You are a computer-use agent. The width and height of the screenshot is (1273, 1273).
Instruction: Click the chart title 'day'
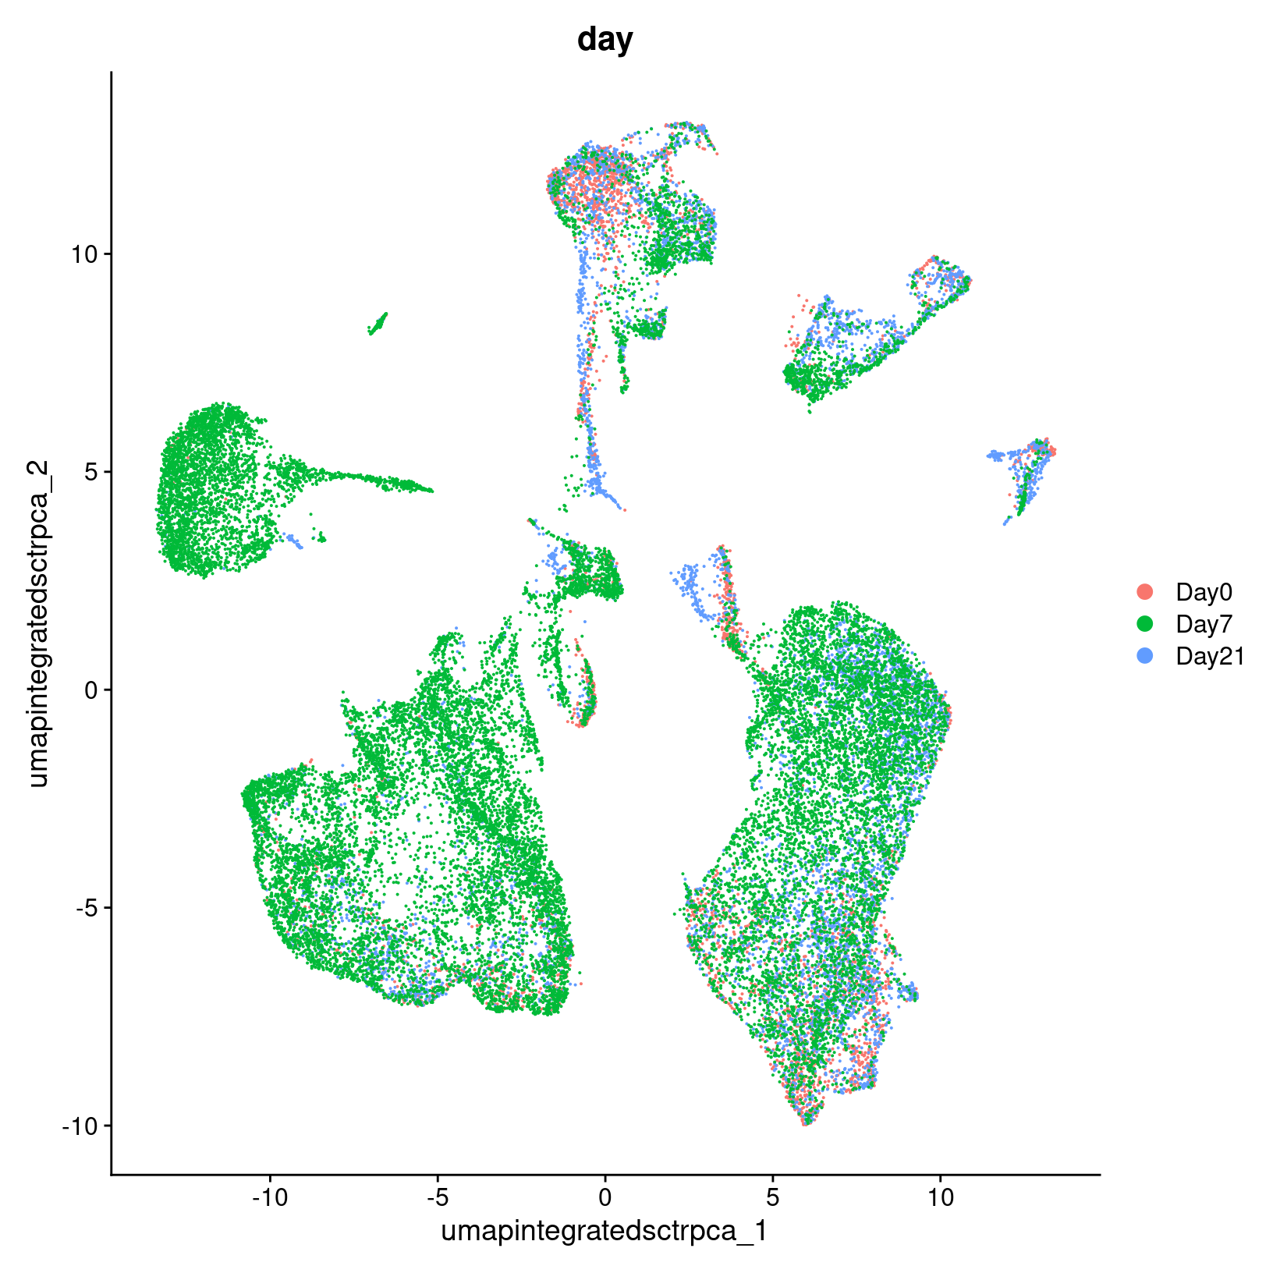(605, 39)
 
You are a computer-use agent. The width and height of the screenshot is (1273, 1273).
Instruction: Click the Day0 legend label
(1204, 593)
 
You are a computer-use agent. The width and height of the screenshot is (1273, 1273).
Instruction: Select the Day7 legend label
(1204, 625)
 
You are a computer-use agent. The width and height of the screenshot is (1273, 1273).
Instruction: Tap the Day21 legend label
(1210, 657)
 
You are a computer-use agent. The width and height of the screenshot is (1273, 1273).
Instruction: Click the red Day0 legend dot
(1145, 592)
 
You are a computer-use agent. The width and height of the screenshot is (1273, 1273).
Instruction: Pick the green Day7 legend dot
(1145, 624)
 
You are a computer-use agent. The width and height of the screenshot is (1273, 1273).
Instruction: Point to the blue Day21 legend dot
(1145, 656)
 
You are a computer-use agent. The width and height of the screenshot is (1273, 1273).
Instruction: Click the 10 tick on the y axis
(87, 254)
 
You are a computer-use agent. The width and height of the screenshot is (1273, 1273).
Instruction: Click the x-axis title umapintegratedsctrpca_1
(605, 1231)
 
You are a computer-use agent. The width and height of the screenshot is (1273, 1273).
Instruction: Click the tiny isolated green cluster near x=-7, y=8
(378, 323)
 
